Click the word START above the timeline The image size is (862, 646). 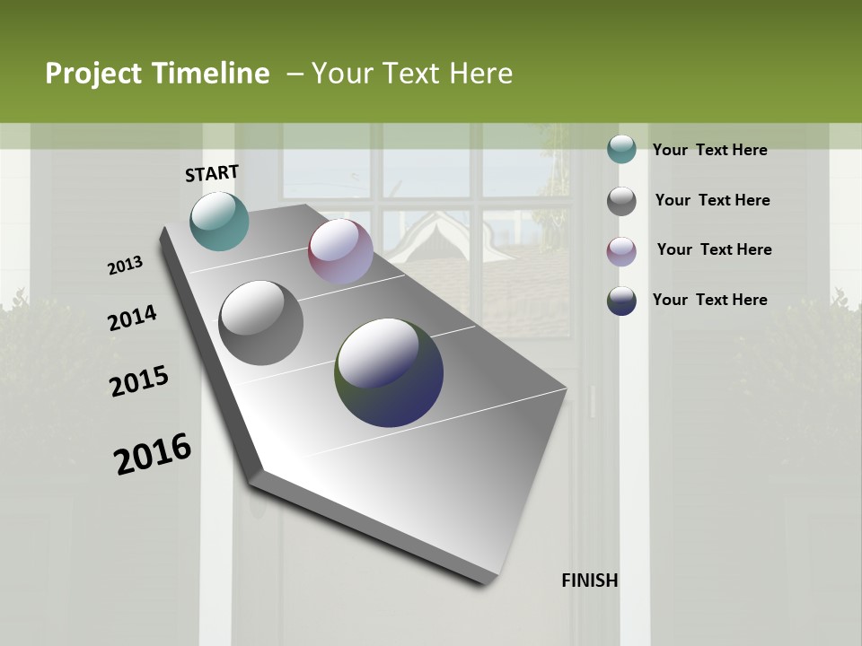(212, 173)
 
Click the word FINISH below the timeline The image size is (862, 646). (590, 581)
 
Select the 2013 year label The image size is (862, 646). (125, 266)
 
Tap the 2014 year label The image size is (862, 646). (133, 318)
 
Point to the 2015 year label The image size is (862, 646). (139, 381)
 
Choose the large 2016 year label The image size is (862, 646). (153, 454)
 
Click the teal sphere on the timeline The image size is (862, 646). (220, 221)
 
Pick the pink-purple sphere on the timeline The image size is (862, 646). (340, 251)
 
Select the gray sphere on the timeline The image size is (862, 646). (260, 323)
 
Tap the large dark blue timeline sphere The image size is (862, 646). (389, 372)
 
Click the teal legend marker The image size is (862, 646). (621, 149)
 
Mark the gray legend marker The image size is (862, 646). (621, 201)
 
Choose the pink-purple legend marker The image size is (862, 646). (621, 251)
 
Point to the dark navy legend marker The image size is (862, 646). (621, 301)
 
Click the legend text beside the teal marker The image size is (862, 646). (709, 150)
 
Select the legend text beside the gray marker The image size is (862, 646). (712, 200)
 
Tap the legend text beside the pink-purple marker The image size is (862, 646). (714, 249)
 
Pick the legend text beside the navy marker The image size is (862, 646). (709, 300)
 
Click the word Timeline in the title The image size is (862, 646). (211, 74)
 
